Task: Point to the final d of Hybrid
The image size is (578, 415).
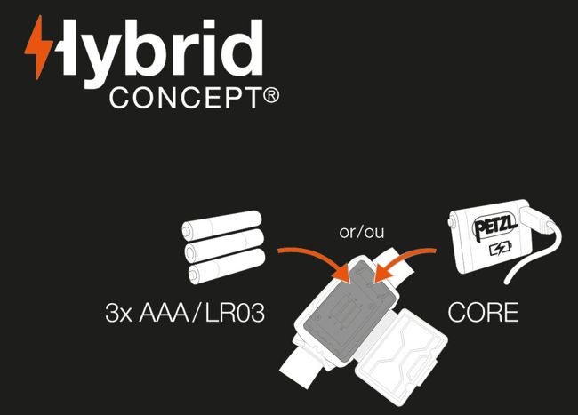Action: pyautogui.click(x=243, y=48)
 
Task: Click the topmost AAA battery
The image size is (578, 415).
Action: pyautogui.click(x=222, y=225)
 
